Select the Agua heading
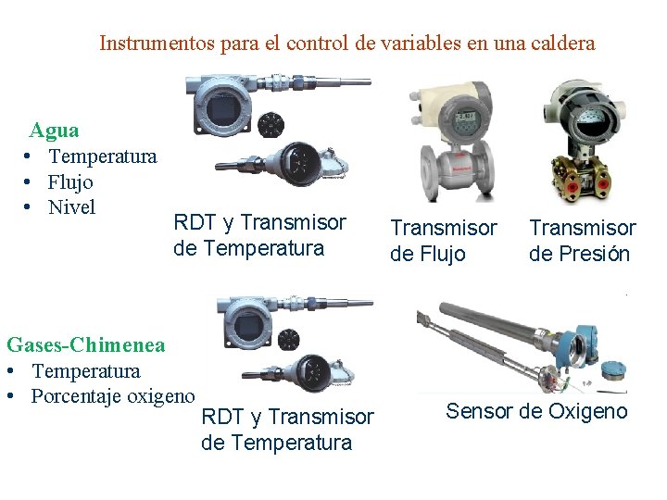[x=54, y=131]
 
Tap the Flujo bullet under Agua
[x=70, y=182]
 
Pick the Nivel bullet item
[x=71, y=207]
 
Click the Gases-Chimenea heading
[x=85, y=345]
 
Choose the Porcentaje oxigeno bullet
[x=113, y=397]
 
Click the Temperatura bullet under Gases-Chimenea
[x=86, y=371]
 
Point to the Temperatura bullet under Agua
[x=103, y=156]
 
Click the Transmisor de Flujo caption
[x=443, y=241]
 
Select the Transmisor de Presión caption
[x=582, y=241]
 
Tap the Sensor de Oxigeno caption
[x=536, y=411]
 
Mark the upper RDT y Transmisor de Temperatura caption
[x=259, y=235]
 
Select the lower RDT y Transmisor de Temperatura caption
[x=287, y=430]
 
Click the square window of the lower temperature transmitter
[x=247, y=327]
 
